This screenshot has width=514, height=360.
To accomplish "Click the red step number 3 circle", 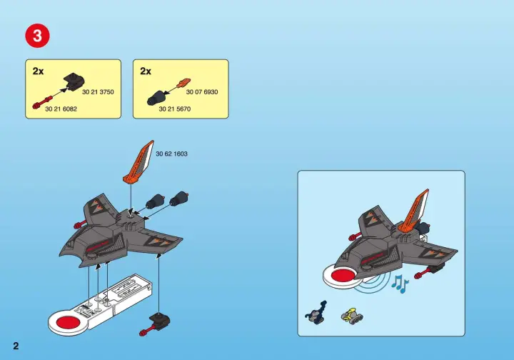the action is [37, 36].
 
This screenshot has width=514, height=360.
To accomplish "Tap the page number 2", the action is [16, 346].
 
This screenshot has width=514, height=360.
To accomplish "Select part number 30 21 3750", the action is [98, 92].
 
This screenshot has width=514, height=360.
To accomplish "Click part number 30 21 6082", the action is [61, 109].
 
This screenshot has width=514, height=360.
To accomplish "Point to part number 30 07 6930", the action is [202, 92].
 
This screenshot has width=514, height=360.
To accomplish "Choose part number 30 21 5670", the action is [175, 109].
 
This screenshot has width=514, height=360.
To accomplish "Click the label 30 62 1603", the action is [172, 154].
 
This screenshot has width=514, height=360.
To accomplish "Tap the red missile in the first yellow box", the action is [42, 102].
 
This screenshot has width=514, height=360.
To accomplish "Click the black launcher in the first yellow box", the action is [74, 81].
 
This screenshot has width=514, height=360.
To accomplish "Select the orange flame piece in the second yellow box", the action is [184, 83].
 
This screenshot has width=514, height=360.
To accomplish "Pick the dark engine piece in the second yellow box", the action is [156, 98].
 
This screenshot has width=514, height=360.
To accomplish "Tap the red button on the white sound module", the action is [69, 322].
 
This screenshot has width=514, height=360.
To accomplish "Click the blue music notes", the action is [400, 284].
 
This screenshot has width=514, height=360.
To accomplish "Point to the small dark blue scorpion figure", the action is [316, 313].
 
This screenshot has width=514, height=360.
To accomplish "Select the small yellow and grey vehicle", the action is [352, 316].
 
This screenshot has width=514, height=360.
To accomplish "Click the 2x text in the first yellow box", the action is [38, 71].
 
